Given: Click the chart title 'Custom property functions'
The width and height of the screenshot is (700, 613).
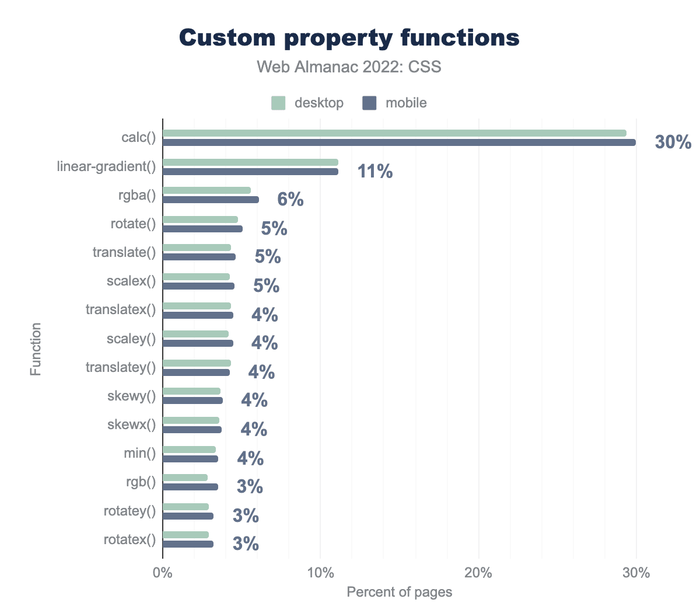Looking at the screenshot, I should click(x=349, y=38).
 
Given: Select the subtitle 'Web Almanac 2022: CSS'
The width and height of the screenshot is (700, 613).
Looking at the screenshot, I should click(x=349, y=67).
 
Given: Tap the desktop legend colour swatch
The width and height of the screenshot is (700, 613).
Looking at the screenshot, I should click(x=278, y=103).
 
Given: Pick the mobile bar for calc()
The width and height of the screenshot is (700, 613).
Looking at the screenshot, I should click(x=399, y=142).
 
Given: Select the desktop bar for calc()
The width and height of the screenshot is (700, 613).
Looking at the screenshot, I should click(x=394, y=133).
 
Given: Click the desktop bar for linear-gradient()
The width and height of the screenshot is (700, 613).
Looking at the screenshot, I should click(x=250, y=162).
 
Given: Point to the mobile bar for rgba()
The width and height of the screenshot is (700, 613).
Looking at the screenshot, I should click(x=211, y=200).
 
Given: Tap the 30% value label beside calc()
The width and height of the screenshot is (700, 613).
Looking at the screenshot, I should click(x=673, y=142).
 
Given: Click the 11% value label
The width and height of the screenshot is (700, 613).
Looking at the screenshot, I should click(x=374, y=171).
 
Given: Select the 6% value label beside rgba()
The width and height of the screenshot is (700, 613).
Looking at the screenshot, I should click(x=290, y=200).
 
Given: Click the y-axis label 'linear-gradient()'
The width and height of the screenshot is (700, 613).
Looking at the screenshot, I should click(x=107, y=166).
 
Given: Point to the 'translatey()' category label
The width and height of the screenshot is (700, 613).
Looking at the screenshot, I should click(x=121, y=367).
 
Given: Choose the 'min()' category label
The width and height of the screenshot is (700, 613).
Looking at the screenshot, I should click(x=140, y=452).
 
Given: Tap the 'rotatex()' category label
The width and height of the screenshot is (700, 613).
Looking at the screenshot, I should click(x=129, y=539).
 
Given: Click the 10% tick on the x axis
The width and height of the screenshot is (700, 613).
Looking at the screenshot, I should click(x=320, y=573).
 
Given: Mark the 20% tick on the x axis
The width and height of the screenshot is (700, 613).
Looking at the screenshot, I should click(x=478, y=573).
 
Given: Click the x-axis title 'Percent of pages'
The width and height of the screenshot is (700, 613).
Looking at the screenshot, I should click(x=399, y=592).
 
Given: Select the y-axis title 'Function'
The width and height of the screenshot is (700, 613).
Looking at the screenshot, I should click(x=36, y=349).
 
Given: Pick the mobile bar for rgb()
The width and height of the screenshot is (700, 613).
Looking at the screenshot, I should click(x=190, y=487).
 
